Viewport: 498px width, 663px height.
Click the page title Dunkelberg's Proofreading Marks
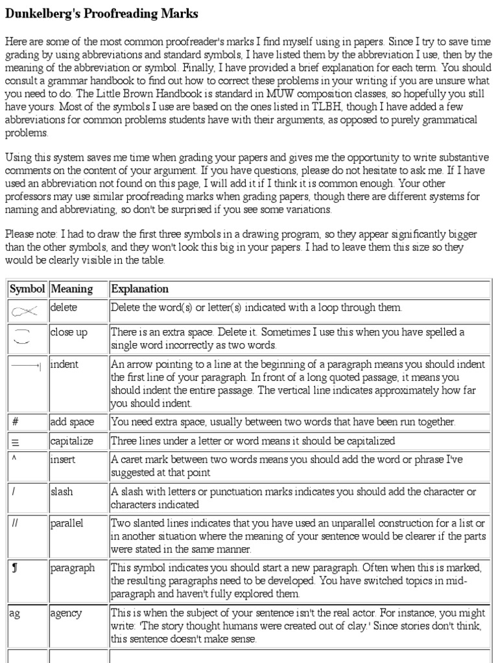[102, 14]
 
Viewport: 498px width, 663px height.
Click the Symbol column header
[27, 289]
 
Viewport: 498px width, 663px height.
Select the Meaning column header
[71, 289]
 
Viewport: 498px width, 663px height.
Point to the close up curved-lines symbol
[23, 335]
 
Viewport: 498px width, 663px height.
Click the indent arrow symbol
[27, 366]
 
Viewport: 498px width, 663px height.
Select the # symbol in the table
[15, 422]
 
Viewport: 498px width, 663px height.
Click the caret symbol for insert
[14, 458]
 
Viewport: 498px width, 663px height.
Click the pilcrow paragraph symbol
[15, 568]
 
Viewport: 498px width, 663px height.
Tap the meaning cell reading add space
[72, 422]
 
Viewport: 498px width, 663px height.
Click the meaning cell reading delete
[63, 307]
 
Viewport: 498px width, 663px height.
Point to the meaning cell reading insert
[63, 459]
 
